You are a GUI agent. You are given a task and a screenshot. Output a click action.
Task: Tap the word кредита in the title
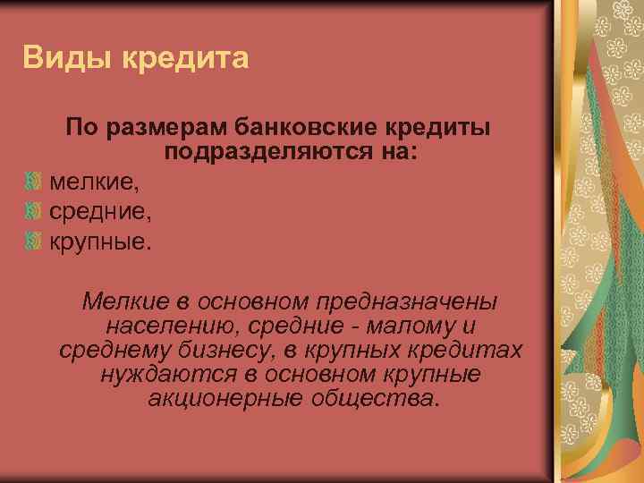click(185, 59)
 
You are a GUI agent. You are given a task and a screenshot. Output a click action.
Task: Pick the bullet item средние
click(100, 212)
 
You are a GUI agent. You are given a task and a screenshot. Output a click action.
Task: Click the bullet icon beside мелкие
click(34, 182)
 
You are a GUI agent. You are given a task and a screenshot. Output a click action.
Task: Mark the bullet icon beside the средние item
click(34, 211)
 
